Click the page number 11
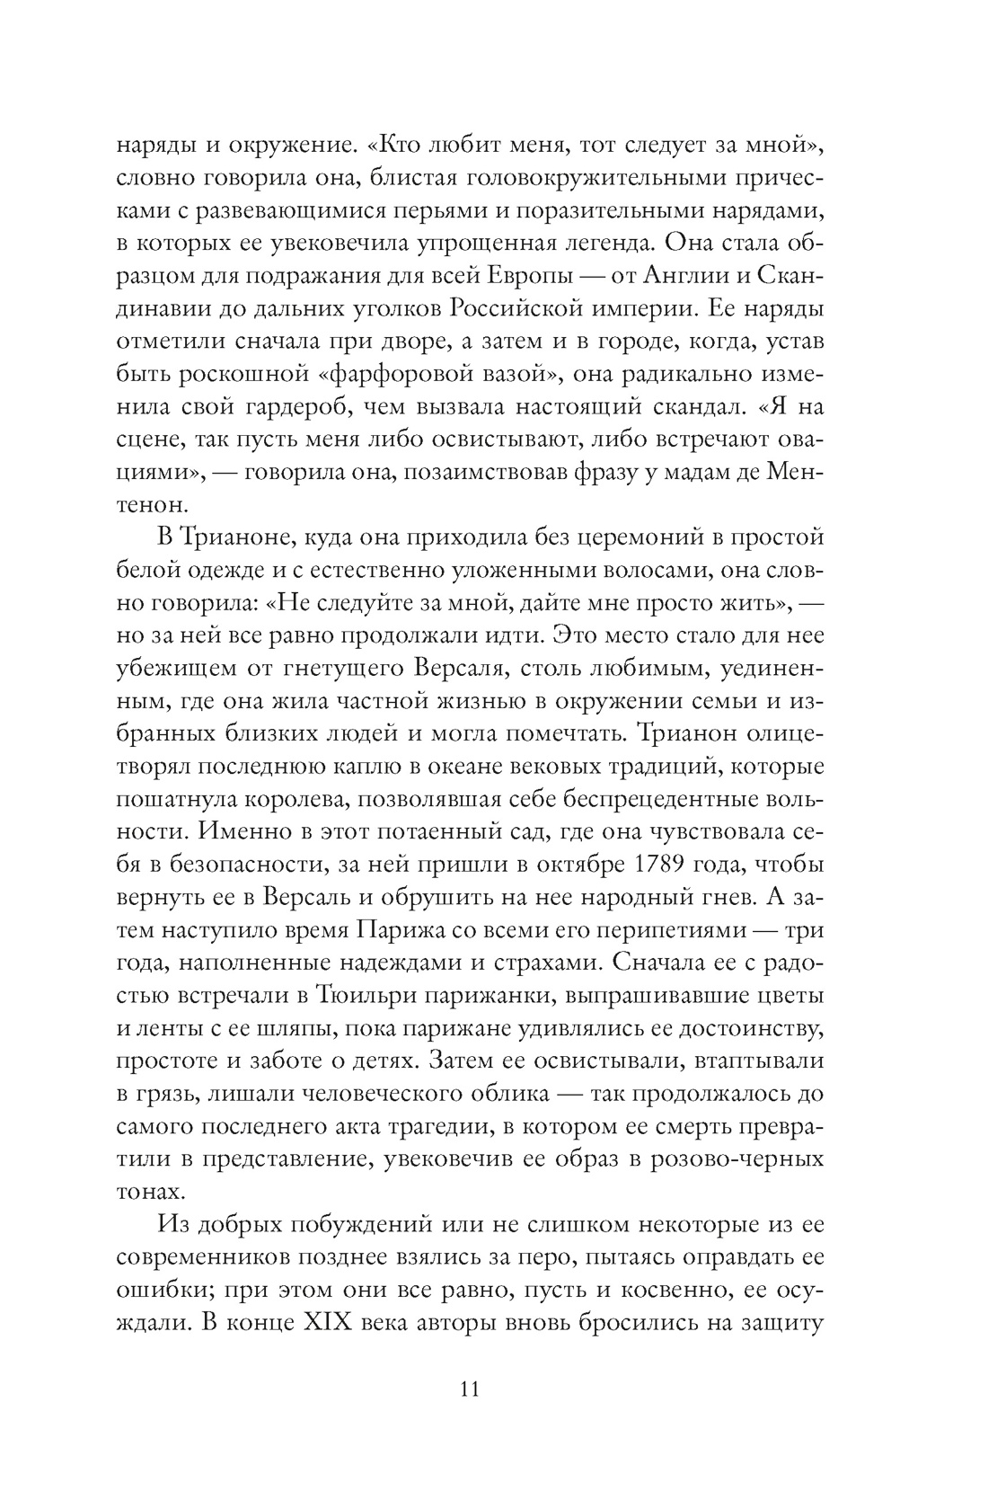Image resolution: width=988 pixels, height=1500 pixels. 470,1389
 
